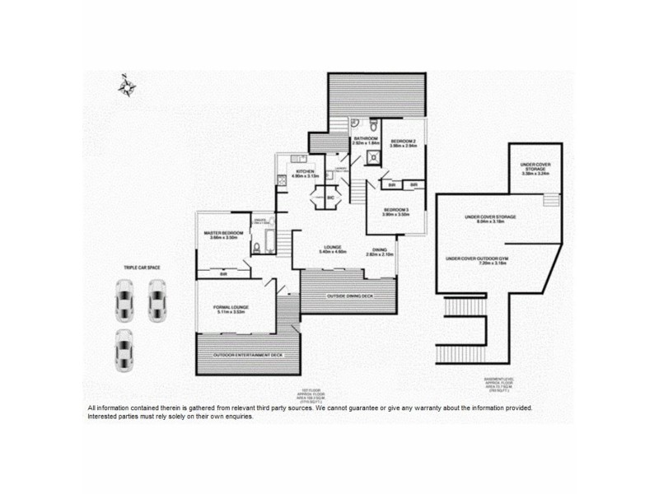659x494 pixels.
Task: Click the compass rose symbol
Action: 127,86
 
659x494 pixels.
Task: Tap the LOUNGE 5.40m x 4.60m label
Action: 332,249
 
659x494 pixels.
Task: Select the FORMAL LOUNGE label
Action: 231,310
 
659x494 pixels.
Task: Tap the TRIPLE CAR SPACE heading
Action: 141,268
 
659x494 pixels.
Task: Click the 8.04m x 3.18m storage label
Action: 490,220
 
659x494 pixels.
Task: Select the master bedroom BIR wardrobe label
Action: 223,274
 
